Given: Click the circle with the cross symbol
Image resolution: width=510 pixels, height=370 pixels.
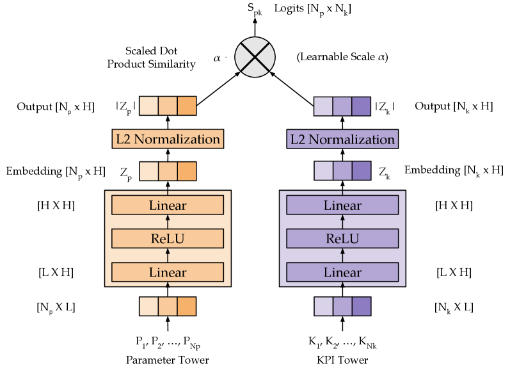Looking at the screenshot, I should point(255,57).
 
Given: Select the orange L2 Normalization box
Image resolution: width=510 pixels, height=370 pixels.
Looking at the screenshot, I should point(168,139).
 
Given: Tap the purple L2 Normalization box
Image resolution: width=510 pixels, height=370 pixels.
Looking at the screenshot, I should point(342,139).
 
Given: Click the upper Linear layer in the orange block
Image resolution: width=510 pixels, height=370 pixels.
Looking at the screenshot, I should point(168,205).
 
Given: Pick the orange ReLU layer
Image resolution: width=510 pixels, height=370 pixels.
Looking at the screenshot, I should point(168,239).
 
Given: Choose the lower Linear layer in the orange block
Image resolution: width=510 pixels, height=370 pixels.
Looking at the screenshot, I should point(168,272).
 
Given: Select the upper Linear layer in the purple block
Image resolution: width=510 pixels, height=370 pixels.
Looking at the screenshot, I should point(342,205).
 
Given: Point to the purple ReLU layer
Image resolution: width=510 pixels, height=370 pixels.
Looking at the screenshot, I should point(342,239).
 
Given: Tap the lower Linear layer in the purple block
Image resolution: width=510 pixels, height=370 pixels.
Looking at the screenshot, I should point(342,272).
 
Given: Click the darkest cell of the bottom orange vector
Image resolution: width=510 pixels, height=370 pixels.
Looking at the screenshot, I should point(186,307).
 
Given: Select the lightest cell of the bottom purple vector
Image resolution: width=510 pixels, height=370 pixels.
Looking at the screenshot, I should point(323,307).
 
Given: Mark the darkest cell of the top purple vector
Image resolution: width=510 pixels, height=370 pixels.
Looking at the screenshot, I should point(361,106).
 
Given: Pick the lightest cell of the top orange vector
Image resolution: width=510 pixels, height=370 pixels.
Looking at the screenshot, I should point(148,106).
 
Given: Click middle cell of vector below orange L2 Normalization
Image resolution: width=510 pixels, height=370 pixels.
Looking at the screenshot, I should point(168,171).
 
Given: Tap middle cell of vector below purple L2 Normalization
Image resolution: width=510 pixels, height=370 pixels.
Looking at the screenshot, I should point(342,171).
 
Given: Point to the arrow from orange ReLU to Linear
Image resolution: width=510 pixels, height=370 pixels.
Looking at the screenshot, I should point(168,222).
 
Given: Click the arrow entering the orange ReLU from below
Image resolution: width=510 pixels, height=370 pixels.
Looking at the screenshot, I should point(168,255).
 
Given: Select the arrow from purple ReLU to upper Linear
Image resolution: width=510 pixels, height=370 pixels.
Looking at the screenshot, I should point(342,222).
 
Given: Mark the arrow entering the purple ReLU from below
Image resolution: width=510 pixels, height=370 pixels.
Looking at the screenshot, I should point(342,255).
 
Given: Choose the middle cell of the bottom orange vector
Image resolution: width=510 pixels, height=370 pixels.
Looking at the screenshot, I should point(168,307).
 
